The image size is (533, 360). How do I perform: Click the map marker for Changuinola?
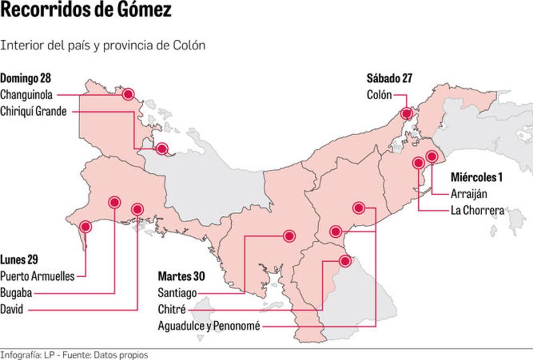point(128,94)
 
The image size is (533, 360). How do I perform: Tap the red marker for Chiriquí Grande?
point(162,149)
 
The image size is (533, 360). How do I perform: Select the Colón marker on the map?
point(406,113)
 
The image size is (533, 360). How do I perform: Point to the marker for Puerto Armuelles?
point(85,227)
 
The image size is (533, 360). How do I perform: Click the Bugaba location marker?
point(114,202)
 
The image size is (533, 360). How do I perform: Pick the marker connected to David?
point(137,209)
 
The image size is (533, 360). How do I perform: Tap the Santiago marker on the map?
point(289,236)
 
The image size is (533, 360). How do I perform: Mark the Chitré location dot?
point(344,261)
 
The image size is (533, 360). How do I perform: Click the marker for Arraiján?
point(431,156)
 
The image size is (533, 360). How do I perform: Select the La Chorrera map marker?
point(418,163)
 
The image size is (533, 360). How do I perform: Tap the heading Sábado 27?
point(389,79)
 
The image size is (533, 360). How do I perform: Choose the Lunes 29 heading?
point(19,260)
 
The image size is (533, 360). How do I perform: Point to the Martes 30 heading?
point(181,276)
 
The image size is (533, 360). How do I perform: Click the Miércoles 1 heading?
point(476,177)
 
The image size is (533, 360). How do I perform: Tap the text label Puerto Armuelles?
point(38,276)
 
